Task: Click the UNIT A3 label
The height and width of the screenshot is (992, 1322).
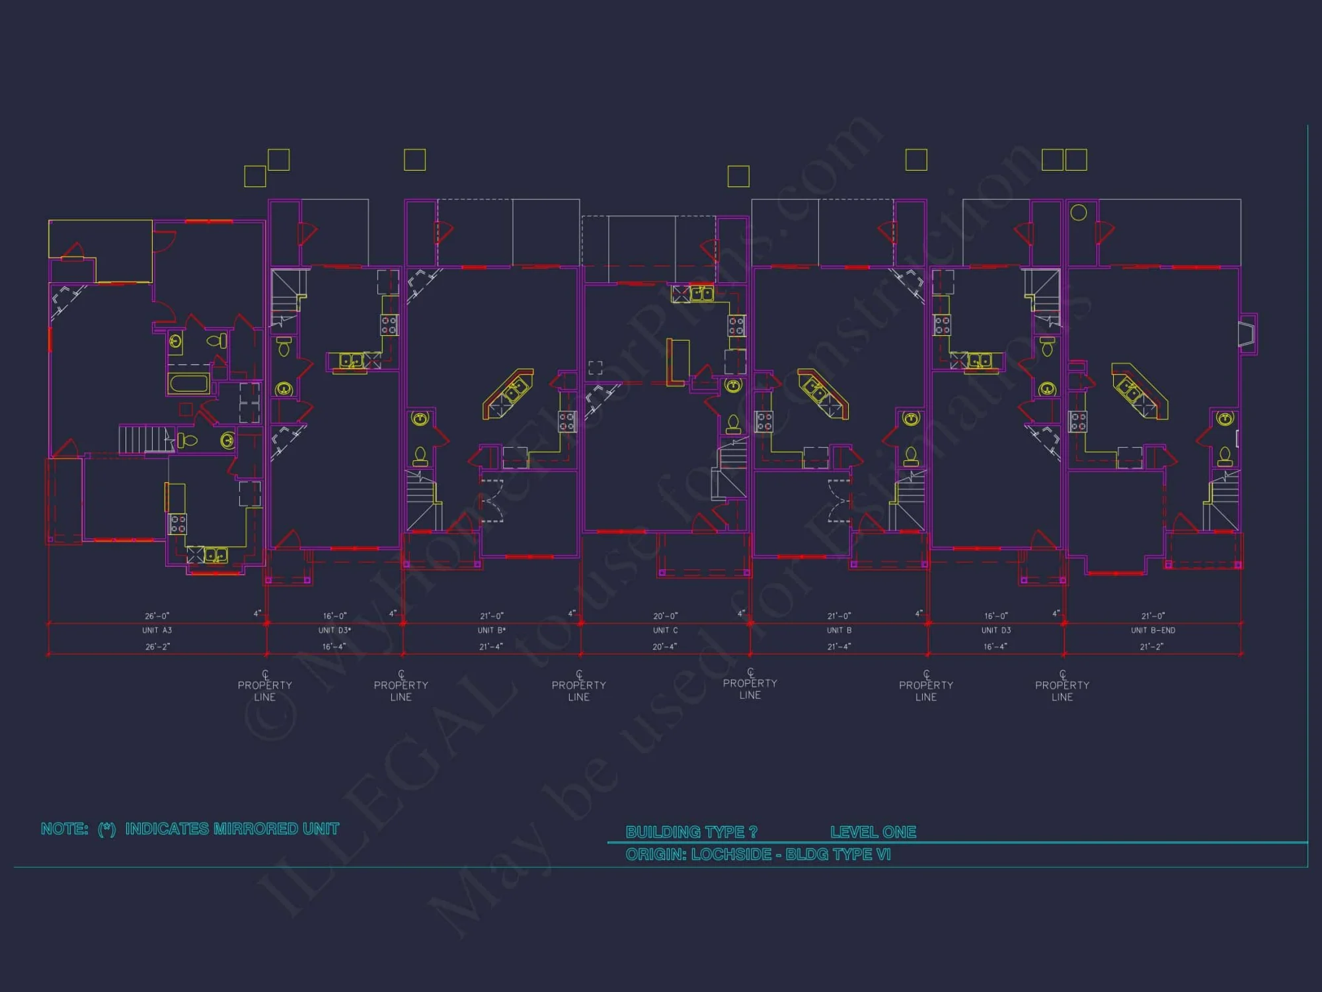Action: click(x=157, y=630)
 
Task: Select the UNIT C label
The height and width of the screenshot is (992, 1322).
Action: click(x=665, y=630)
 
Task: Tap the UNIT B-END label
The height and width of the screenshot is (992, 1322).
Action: click(x=1153, y=630)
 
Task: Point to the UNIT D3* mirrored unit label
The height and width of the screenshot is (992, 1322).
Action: click(x=334, y=630)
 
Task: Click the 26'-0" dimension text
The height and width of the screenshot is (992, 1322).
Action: click(x=157, y=616)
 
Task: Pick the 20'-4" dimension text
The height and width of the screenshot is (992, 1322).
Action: click(x=664, y=647)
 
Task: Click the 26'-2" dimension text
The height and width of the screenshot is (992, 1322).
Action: click(x=157, y=647)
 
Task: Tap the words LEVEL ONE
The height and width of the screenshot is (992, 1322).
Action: click(x=873, y=832)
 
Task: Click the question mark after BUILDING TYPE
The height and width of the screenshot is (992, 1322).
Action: click(x=753, y=832)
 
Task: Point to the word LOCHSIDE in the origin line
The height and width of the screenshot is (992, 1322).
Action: click(x=731, y=854)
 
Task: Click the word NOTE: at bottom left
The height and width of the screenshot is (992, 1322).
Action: click(x=64, y=829)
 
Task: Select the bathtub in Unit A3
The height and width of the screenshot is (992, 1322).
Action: click(x=189, y=384)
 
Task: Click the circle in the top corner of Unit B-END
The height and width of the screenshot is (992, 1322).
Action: click(x=1078, y=212)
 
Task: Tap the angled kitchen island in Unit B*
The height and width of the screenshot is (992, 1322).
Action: click(x=508, y=393)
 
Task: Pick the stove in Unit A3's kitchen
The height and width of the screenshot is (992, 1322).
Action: click(x=178, y=524)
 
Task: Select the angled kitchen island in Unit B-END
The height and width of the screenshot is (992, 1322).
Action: click(x=1139, y=391)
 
